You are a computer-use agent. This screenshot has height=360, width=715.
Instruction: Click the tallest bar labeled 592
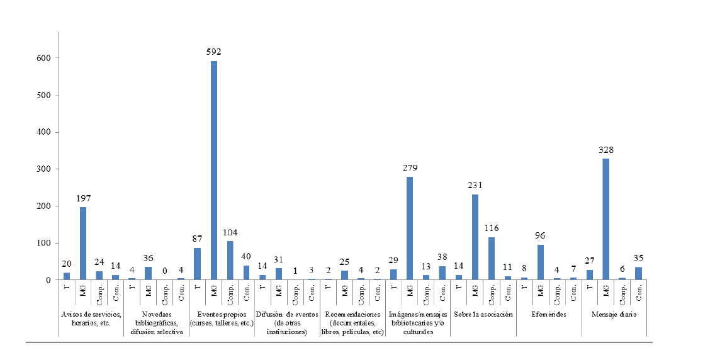pyautogui.click(x=214, y=170)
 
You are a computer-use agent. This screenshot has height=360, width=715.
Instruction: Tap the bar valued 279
pyautogui.click(x=410, y=228)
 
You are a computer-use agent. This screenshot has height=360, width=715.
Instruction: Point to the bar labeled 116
pyautogui.click(x=492, y=258)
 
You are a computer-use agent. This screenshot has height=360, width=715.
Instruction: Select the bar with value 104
pyautogui.click(x=230, y=261)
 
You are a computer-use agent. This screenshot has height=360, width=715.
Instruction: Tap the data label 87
pyautogui.click(x=197, y=240)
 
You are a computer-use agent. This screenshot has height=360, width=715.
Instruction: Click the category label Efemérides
pyautogui.click(x=548, y=313)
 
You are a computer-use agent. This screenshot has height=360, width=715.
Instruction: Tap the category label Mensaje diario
pyautogui.click(x=613, y=313)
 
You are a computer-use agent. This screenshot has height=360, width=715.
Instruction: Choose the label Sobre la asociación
pyautogui.click(x=483, y=313)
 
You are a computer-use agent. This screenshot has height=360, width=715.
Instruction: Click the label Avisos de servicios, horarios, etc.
pyautogui.click(x=91, y=318)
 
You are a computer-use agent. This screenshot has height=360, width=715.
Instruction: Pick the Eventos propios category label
pyautogui.click(x=222, y=318)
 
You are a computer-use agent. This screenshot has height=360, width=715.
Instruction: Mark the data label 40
pyautogui.click(x=247, y=257)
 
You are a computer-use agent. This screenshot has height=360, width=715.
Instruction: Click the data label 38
pyautogui.click(x=442, y=257)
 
